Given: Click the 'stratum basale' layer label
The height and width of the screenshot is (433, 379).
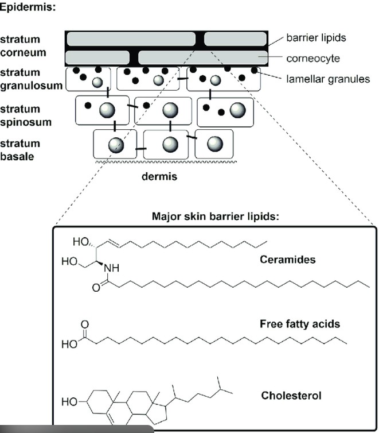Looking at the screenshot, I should (21, 149).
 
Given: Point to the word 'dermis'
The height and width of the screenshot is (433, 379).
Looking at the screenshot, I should (159, 177).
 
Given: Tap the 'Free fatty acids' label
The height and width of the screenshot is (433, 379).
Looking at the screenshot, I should (299, 324).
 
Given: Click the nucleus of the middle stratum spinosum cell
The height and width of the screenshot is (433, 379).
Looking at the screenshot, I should (170, 110).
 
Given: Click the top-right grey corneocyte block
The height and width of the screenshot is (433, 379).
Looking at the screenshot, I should (235, 39).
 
